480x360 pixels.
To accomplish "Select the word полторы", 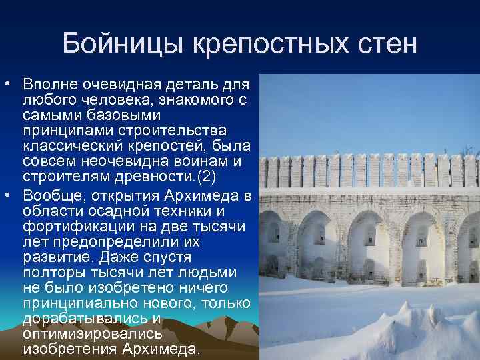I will coord(51,272).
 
